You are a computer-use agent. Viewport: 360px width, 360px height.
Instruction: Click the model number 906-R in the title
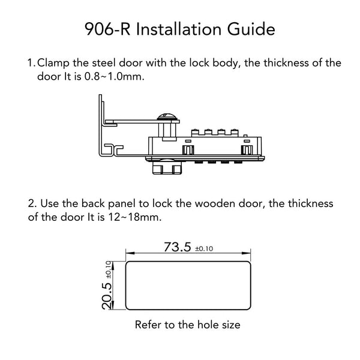pos(107,29)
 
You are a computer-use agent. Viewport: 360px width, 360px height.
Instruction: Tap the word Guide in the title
pos(251,29)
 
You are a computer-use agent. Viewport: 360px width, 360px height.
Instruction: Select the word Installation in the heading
pos(179,29)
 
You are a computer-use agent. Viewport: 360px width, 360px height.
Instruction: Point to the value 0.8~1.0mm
pos(115,76)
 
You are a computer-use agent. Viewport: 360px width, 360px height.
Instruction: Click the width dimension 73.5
pos(177,247)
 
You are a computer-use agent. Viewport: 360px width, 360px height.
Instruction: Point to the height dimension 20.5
pos(107,296)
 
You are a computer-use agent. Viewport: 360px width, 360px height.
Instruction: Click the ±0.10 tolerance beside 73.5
pos(204,248)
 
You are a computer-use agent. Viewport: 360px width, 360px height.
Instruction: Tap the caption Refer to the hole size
pos(188,325)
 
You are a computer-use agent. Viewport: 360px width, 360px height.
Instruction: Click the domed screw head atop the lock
pos(168,116)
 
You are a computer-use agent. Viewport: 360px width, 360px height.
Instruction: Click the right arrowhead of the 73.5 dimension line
pos(247,253)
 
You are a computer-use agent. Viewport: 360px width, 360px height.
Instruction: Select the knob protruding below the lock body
pos(168,167)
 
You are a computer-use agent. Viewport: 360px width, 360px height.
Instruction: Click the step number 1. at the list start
pos(31,63)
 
